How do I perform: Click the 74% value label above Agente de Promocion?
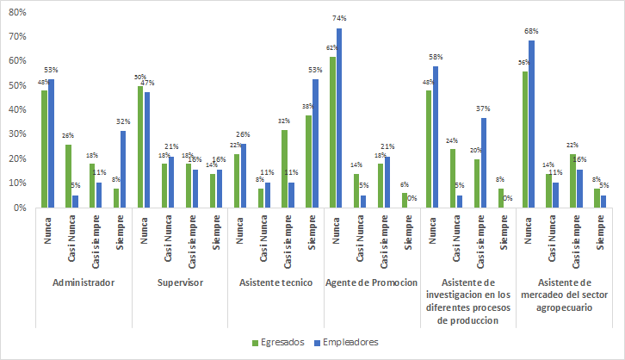click(x=338, y=18)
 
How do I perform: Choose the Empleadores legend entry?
click(x=349, y=342)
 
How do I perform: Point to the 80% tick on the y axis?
click(x=16, y=12)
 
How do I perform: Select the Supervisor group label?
click(x=181, y=282)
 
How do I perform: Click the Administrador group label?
click(x=84, y=282)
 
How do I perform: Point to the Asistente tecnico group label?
click(x=277, y=282)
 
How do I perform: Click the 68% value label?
click(x=533, y=33)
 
